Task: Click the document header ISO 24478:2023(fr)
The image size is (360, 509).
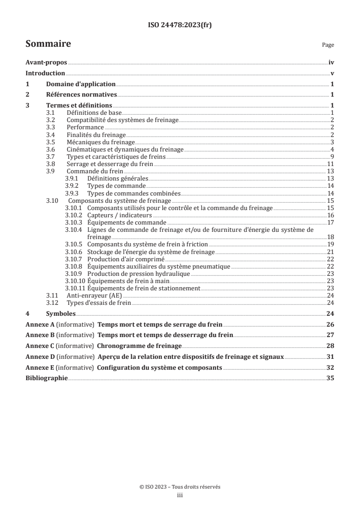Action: (180, 25)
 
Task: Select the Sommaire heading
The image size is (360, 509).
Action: (48, 44)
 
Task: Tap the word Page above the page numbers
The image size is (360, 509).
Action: (328, 45)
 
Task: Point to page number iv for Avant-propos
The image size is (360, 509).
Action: (331, 63)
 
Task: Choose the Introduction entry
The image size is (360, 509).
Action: (45, 73)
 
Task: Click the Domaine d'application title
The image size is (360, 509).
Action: (81, 84)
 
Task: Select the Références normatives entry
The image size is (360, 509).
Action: (82, 95)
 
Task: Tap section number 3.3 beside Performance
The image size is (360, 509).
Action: (51, 128)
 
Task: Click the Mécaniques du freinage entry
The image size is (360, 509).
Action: (95, 142)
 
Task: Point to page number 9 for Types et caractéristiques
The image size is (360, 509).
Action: (332, 157)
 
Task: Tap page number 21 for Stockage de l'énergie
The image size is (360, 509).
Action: (331, 251)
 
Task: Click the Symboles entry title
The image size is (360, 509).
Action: (61, 313)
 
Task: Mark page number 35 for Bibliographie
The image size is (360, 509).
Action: (330, 378)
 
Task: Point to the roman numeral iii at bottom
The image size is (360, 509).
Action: (180, 495)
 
